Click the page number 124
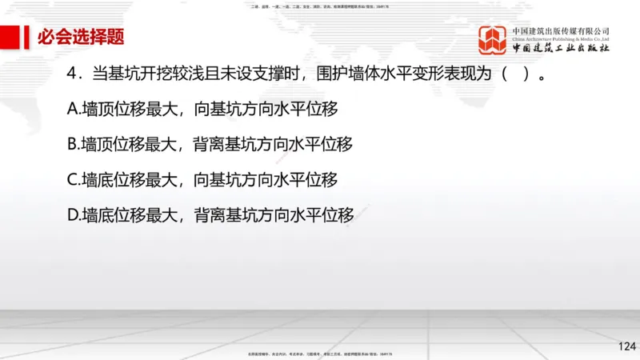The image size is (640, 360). (x=626, y=346)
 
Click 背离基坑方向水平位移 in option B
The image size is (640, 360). (x=273, y=145)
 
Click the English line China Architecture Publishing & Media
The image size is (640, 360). (x=561, y=38)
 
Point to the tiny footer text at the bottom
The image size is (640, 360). (x=320, y=352)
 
